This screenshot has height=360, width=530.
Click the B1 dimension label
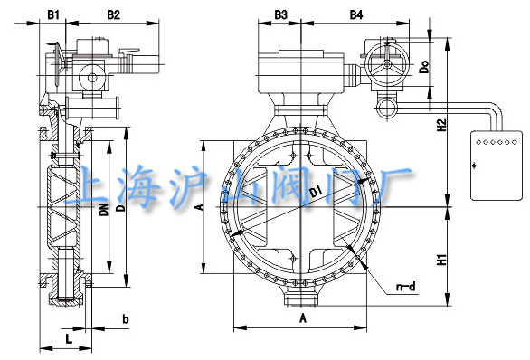[53, 14]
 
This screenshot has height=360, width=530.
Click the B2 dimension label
[114, 14]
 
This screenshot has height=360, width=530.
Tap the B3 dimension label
[280, 14]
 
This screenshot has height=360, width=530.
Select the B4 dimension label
[356, 14]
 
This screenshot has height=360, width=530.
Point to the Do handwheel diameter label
[424, 66]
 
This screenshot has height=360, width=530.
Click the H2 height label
[441, 125]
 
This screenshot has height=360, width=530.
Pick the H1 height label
[441, 260]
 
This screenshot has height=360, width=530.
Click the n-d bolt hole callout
[405, 287]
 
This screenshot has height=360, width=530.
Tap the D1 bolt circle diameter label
[316, 193]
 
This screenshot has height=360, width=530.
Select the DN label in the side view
[104, 209]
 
